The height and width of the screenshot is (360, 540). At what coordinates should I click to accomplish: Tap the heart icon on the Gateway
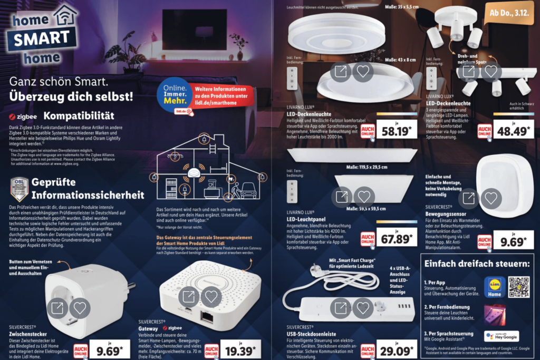[211, 297]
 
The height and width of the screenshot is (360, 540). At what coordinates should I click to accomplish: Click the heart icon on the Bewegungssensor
[491, 198]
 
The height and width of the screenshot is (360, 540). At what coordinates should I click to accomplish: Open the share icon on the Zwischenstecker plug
[58, 307]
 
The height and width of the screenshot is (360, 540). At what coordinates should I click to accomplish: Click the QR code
[518, 287]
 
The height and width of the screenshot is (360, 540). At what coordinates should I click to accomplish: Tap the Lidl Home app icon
[494, 287]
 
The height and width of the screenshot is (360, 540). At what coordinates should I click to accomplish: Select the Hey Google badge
[501, 336]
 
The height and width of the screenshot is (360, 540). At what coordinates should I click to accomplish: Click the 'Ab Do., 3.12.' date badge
[510, 13]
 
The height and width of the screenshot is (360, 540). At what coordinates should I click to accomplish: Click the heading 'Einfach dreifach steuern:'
[478, 263]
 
